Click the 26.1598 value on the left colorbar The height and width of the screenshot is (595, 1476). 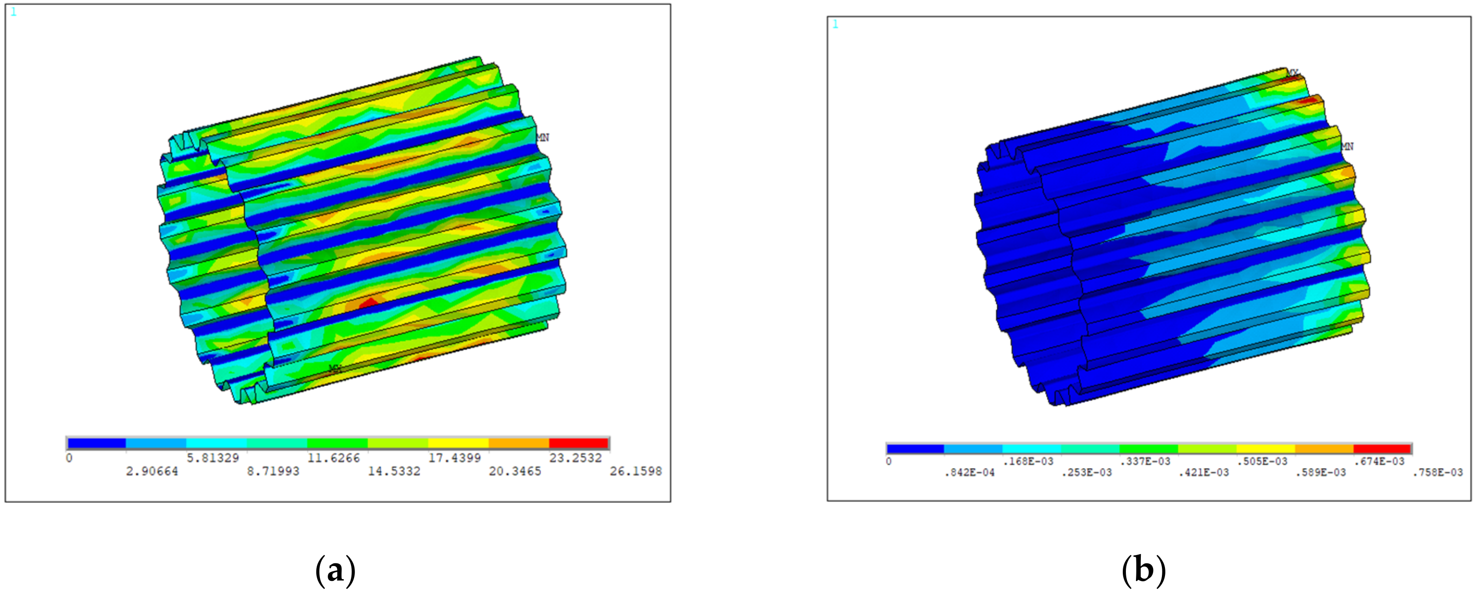pos(636,471)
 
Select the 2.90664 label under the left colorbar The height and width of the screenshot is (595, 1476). pos(152,471)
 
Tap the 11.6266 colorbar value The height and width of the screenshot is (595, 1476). pos(333,458)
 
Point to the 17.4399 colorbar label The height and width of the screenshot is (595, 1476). pos(454,458)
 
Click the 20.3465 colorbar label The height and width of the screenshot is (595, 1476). pos(514,471)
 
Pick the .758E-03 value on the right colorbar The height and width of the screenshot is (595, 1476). pos(1438,473)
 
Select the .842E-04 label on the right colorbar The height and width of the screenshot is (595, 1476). pos(970,473)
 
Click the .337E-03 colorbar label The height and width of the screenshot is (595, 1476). pos(1145,461)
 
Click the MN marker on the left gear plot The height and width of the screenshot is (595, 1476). pos(543,138)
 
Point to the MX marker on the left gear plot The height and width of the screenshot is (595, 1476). pos(335,368)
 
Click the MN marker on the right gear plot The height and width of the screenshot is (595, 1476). pos(1347,147)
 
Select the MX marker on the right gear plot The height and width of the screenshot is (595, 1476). pos(1293,73)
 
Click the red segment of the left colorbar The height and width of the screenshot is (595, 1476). pos(578,443)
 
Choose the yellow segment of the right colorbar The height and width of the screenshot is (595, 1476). pos(1265,449)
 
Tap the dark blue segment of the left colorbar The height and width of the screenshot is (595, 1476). pos(96,443)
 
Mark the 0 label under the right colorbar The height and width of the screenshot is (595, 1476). pos(889,461)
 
